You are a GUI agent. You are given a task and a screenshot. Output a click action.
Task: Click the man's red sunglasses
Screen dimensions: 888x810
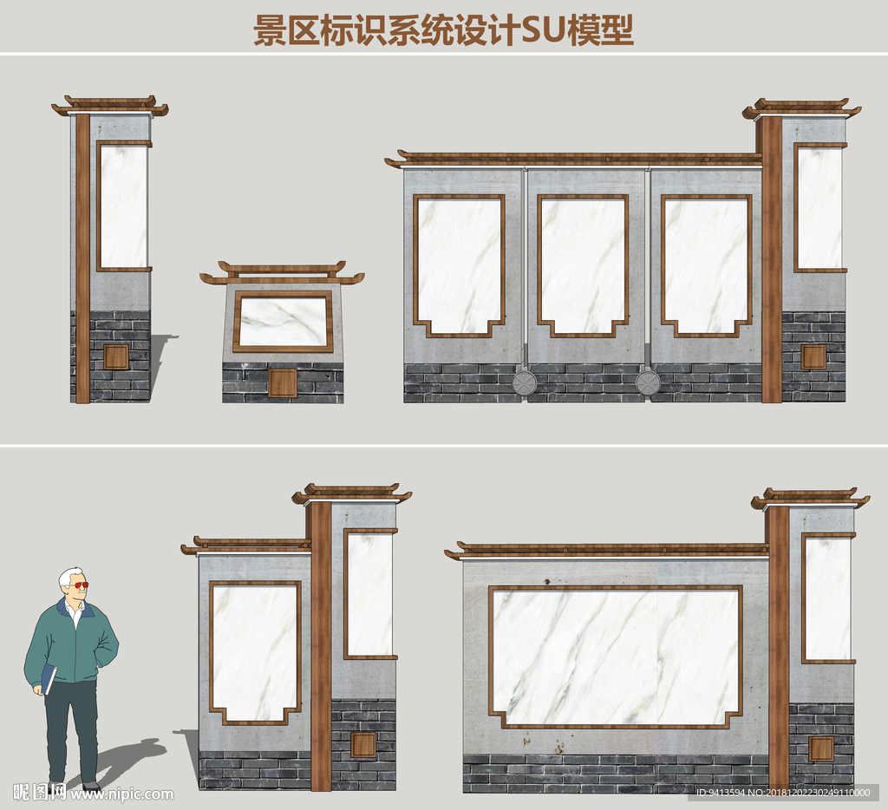(x=81, y=585)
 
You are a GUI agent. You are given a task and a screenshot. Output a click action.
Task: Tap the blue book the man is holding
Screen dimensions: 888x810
(x=49, y=679)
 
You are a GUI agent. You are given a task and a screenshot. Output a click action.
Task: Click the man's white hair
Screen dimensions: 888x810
(x=69, y=575)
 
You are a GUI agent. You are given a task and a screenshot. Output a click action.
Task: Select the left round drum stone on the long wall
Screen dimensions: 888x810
(x=524, y=382)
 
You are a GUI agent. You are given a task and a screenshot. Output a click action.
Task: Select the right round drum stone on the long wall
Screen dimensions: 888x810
(x=647, y=382)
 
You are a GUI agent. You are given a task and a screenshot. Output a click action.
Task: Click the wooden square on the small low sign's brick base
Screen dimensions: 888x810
(x=283, y=382)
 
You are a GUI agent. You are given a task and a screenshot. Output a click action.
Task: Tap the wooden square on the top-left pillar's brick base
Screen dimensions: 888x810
(x=116, y=356)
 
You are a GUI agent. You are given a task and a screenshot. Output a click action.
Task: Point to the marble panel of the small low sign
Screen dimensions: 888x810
(x=284, y=321)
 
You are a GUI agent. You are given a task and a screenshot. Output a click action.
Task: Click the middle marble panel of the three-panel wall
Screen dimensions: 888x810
(x=583, y=265)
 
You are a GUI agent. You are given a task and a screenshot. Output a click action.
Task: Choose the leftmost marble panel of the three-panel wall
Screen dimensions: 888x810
(x=459, y=265)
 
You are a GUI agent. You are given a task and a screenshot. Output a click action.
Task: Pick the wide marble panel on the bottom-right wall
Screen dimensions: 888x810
(x=615, y=657)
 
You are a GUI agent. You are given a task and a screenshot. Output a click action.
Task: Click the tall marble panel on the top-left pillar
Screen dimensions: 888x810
(x=123, y=206)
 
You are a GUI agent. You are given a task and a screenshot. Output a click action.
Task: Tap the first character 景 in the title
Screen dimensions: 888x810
(x=270, y=30)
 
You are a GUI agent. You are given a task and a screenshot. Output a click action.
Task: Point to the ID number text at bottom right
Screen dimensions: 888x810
(x=783, y=793)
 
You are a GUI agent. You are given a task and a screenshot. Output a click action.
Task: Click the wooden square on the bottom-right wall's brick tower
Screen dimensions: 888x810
(x=821, y=748)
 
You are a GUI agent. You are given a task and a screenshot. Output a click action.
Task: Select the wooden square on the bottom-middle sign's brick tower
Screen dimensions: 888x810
(x=363, y=745)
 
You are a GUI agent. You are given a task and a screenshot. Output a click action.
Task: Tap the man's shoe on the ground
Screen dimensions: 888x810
(x=90, y=786)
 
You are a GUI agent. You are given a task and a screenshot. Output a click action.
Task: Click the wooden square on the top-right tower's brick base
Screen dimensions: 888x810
(x=813, y=356)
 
